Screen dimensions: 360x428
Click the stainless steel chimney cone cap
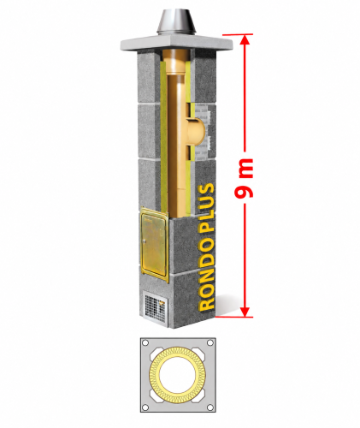[x=176, y=22]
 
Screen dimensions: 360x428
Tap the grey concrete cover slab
[x=176, y=44]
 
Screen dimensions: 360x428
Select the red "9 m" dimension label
[x=244, y=178]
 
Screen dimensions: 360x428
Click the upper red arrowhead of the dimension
[x=245, y=39]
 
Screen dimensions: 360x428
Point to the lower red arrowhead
[x=245, y=312]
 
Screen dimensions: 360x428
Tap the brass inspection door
[x=154, y=246]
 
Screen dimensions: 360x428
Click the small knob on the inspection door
[x=145, y=241]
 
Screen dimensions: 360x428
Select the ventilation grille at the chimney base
[x=155, y=307]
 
